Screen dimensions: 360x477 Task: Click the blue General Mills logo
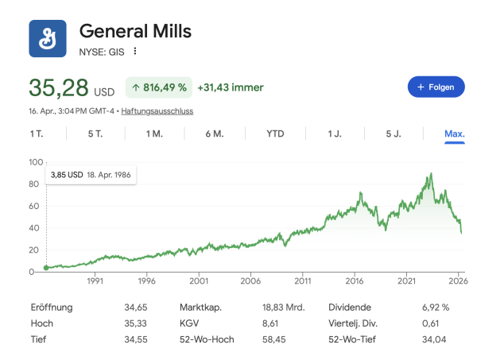pos(48,38)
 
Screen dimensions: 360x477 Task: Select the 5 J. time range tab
pos(394,134)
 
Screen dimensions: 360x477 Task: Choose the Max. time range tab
pos(454,134)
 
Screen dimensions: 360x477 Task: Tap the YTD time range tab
pos(275,134)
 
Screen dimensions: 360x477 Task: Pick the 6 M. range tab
pos(214,134)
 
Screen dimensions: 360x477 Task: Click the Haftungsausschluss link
pos(157,111)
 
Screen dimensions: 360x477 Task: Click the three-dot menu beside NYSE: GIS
pos(135,52)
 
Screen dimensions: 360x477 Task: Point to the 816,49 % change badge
pos(159,87)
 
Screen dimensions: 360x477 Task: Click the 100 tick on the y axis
pos(36,162)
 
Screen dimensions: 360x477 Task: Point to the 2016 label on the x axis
pos(355,281)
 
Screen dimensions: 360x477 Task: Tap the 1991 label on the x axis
pos(95,281)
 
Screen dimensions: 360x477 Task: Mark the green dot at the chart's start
pos(46,268)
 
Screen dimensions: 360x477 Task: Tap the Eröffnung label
pos(52,307)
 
